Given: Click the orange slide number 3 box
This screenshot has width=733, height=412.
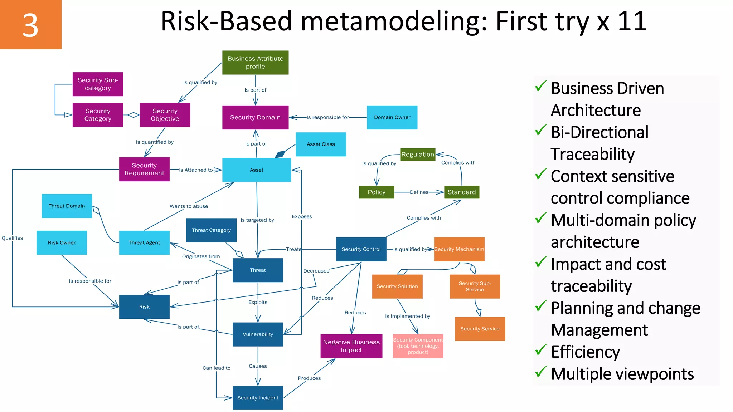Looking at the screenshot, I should coord(30,24).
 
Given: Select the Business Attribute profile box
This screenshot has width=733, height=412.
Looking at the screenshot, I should coord(255,63).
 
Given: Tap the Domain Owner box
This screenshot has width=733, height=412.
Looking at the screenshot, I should coord(392,117).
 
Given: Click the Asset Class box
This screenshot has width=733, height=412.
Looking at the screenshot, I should coord(321,144).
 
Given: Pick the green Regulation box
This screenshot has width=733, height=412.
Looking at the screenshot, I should coord(417,154).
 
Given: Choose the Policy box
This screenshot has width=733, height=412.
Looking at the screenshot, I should coord(377,192).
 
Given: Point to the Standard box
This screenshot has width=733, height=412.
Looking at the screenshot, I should coord(461,192).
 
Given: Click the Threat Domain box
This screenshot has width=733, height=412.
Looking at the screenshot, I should coord(67,206).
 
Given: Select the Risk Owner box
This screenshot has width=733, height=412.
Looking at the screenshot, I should coord(62,242).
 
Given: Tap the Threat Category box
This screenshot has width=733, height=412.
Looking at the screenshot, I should coord(211,230).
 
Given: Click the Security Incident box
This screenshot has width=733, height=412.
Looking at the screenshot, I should coord(258,398).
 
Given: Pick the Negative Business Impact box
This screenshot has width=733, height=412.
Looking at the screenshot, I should coord(351,346).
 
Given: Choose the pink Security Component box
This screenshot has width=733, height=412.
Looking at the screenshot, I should coord(418,346).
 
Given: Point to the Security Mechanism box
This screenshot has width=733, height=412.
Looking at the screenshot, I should coord(459,249).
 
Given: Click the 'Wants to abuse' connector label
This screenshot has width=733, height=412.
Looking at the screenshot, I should coord(189,206).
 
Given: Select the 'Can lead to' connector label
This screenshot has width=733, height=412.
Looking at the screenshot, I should coord(216,368).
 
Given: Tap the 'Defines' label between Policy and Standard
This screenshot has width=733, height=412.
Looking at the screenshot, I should coord(419,192).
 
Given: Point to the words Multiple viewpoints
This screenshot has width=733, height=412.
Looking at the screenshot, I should coord(622,374).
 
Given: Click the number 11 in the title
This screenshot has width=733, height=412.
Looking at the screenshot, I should coord(632,21).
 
